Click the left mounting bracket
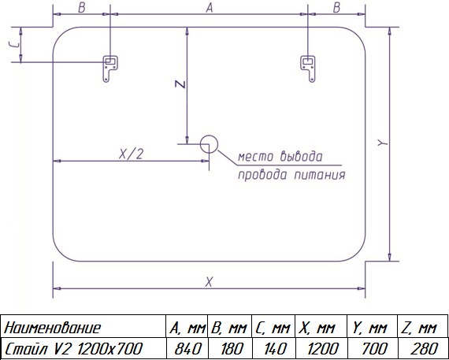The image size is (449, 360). [110, 69]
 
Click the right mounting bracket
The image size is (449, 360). [308, 69]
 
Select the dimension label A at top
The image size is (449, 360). [210, 8]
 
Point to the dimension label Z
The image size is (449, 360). [180, 84]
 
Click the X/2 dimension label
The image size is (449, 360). [131, 154]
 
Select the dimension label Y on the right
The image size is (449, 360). [382, 143]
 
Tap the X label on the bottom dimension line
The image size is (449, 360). [209, 282]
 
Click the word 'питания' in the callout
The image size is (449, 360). [320, 175]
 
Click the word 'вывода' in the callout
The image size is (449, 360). [301, 157]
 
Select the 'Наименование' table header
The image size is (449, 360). [53, 328]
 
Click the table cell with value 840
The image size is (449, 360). [187, 348]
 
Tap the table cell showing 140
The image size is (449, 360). [274, 348]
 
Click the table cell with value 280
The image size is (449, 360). [423, 348]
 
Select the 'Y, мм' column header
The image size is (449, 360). [369, 328]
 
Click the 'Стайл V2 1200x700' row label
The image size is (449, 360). [73, 348]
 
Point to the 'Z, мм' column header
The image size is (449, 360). [418, 328]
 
